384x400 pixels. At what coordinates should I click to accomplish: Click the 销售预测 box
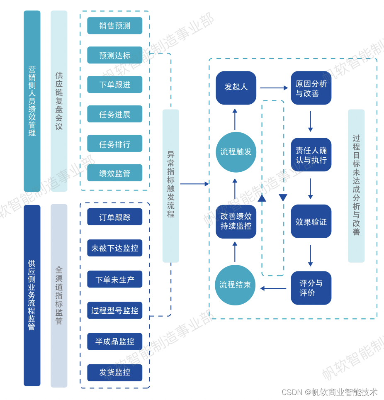point(114,26)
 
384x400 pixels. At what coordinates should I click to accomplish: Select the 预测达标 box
point(114,55)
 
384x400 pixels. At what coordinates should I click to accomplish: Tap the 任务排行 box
point(114,144)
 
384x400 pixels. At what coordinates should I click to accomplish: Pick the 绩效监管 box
point(114,173)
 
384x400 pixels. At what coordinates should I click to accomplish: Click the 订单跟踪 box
point(114,217)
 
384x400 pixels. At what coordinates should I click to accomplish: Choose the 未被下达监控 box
point(114,248)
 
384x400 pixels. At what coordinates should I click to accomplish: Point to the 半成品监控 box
point(114,341)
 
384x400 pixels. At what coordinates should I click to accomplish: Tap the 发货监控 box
point(114,373)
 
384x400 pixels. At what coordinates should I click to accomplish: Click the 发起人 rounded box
point(236,88)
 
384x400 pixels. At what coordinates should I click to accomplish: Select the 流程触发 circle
point(236,152)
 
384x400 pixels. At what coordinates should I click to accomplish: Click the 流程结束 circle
point(235,285)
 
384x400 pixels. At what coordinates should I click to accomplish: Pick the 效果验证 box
point(311,222)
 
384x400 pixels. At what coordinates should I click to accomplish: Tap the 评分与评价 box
point(311,288)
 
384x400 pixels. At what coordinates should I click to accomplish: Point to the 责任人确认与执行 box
point(311,155)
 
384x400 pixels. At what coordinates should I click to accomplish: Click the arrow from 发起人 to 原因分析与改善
point(274,88)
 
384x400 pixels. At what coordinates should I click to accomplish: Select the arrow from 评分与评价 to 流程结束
point(273,288)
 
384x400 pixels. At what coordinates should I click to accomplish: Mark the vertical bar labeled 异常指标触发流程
point(171,185)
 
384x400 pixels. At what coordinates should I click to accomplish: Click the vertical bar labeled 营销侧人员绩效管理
point(32,101)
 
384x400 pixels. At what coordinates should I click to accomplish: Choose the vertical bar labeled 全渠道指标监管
point(59,295)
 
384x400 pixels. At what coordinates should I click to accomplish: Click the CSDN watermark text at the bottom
point(329,392)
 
